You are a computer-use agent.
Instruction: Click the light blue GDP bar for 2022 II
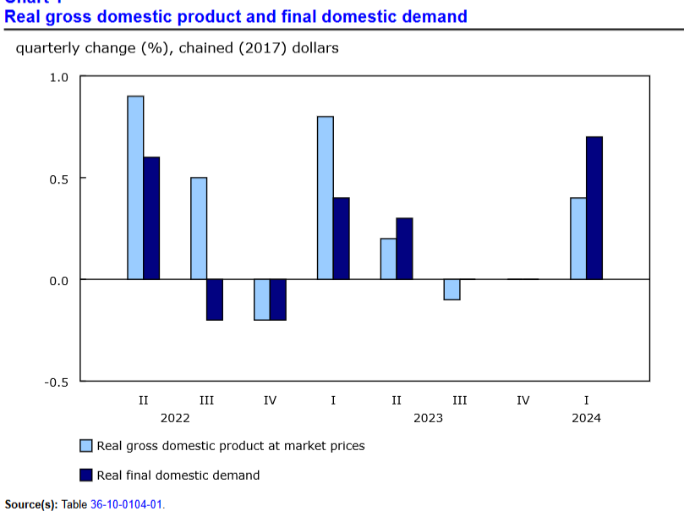click(x=135, y=187)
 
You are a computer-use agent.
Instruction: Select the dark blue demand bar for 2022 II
click(x=151, y=217)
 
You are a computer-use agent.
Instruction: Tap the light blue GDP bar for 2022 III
click(x=199, y=228)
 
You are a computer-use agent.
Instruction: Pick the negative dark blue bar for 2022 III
click(x=215, y=300)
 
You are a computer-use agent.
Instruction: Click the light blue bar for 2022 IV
click(x=262, y=300)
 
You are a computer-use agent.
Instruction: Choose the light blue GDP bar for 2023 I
click(x=326, y=197)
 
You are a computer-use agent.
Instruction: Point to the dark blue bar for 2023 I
click(x=341, y=238)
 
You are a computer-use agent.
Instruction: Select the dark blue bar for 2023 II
click(x=404, y=248)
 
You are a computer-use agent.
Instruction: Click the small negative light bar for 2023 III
click(x=451, y=289)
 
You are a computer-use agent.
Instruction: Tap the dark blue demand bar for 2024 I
click(x=594, y=207)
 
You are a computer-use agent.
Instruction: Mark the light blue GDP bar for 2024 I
click(x=578, y=238)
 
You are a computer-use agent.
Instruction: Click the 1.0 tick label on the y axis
click(x=59, y=77)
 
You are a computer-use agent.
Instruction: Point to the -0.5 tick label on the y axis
click(x=57, y=382)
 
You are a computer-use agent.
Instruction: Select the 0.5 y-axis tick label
click(x=59, y=179)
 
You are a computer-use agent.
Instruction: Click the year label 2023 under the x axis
click(x=428, y=418)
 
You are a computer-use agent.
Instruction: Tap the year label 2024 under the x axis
click(x=586, y=418)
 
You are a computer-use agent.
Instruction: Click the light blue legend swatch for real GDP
click(x=86, y=445)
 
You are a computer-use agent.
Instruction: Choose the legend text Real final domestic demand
click(x=178, y=475)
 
